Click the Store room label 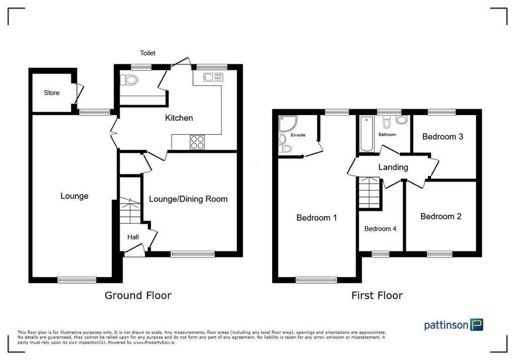52,93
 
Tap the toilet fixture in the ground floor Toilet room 129,80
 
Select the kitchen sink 213,77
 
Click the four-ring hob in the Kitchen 197,142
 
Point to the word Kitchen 179,118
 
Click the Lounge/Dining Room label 188,199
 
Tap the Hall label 133,237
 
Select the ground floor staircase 130,211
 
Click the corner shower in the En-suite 287,123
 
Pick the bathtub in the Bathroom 367,134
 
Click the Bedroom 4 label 380,229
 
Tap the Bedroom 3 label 443,137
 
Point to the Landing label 393,167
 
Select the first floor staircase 370,193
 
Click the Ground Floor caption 138,295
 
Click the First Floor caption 377,295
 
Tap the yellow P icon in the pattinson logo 477,324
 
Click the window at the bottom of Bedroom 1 316,280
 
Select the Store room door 79,94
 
